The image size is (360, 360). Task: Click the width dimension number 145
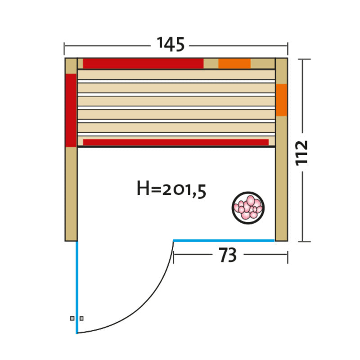[x=171, y=44]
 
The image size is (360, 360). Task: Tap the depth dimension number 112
[x=301, y=153]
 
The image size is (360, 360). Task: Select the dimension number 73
[x=228, y=255]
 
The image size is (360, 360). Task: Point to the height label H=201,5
[x=171, y=189]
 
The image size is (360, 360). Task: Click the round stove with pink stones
[x=248, y=208]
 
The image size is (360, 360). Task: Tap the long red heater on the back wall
[x=143, y=63]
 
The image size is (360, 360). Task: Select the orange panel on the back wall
[x=234, y=63]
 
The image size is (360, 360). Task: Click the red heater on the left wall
[x=71, y=110]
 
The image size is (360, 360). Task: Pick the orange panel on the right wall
[x=282, y=100]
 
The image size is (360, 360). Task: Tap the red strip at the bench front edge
[x=176, y=142]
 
